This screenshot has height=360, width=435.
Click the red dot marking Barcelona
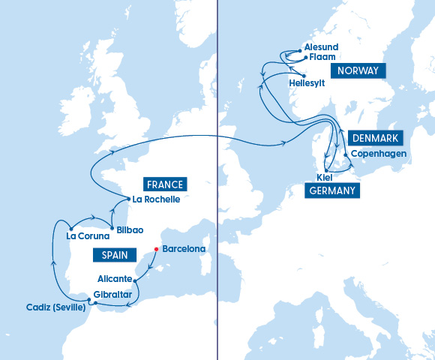(x=156, y=249)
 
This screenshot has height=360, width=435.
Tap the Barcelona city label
(x=184, y=249)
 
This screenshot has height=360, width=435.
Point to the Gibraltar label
(x=113, y=295)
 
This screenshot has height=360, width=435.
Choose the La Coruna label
(x=82, y=236)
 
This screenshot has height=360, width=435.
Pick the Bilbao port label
(x=129, y=229)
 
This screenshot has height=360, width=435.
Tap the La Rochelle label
(x=155, y=199)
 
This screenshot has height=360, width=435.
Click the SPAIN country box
(x=109, y=255)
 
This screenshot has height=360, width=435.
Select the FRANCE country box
(x=165, y=184)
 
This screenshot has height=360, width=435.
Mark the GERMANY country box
(x=331, y=191)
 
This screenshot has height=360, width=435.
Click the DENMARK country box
(x=375, y=138)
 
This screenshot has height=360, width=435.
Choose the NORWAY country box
(x=358, y=71)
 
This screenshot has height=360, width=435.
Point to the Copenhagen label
(x=379, y=154)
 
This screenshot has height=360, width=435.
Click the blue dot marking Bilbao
(x=112, y=227)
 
